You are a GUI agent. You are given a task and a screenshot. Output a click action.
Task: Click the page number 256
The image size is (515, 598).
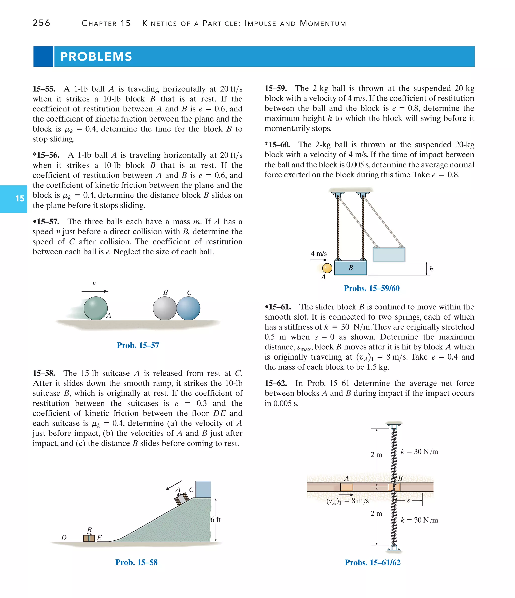point(41,23)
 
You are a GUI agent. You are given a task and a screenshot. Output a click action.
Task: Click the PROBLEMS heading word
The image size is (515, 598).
point(96,57)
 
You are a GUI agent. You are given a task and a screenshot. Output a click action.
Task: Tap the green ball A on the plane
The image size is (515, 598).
point(96,308)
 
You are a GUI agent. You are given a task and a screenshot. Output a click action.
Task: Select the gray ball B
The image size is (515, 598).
point(164,308)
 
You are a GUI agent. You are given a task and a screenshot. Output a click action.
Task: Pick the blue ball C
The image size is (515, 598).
point(189,308)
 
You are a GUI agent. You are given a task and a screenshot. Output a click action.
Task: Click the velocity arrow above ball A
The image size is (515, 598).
point(95,291)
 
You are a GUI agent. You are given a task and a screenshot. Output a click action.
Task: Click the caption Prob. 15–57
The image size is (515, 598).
point(138,345)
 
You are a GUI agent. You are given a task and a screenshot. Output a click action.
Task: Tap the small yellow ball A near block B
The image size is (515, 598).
point(327,268)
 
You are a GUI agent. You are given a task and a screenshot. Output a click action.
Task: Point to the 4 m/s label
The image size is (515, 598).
point(319,253)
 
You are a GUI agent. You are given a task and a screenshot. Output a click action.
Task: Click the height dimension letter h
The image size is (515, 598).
point(431,269)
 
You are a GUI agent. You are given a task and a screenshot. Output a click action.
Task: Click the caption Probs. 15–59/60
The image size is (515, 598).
point(372,288)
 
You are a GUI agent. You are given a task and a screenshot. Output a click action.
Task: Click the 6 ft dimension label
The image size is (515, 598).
point(216,520)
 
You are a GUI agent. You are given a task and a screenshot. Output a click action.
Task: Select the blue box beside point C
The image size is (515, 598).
point(203,489)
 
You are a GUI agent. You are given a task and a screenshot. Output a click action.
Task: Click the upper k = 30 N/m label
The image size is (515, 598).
point(419,452)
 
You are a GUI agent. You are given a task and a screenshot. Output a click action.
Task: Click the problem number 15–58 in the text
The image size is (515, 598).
point(44,373)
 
